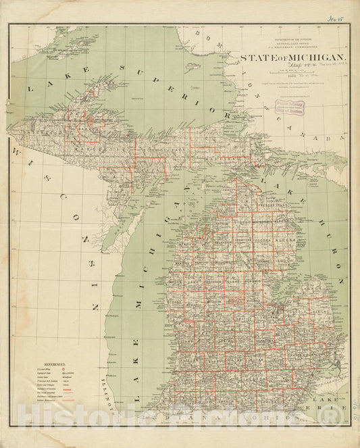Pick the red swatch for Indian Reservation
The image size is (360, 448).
tap(67, 403)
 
